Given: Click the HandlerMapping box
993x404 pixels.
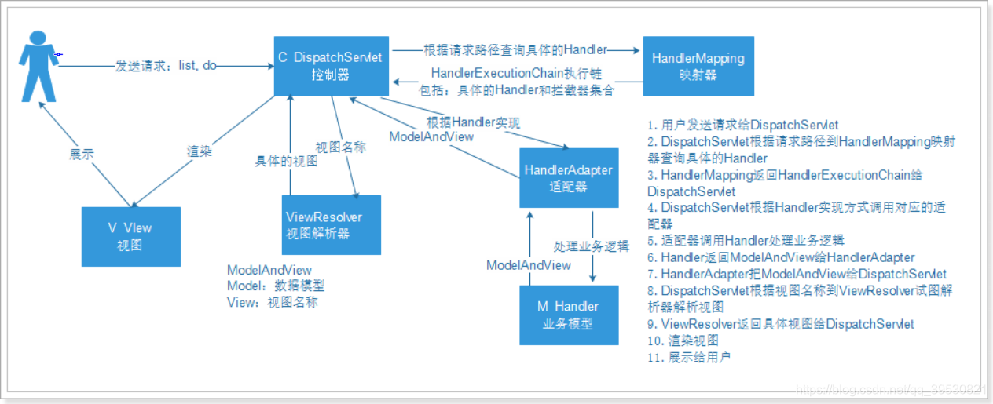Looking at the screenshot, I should pyautogui.click(x=698, y=66).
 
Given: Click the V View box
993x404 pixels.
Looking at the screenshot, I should pyautogui.click(x=131, y=235).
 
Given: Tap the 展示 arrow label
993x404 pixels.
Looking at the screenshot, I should pyautogui.click(x=81, y=155).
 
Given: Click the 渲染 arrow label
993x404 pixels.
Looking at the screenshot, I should pyautogui.click(x=200, y=151).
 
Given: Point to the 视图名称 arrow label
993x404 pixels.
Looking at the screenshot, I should pyautogui.click(x=340, y=147).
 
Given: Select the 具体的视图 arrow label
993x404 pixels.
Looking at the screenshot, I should pyautogui.click(x=286, y=162).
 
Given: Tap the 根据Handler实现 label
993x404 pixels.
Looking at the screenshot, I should pyautogui.click(x=473, y=122).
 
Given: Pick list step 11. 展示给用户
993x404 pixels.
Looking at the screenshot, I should pyautogui.click(x=689, y=357).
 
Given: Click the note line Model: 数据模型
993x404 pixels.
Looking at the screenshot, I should pyautogui.click(x=275, y=286).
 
